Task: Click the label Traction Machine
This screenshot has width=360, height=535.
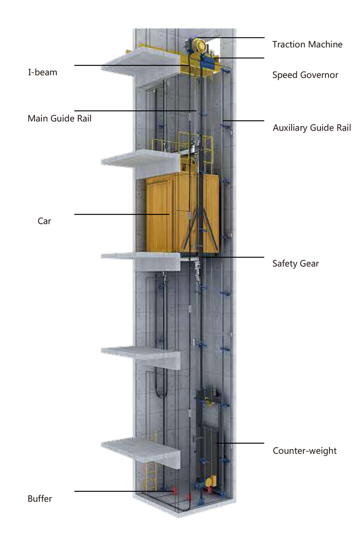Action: [x=307, y=44]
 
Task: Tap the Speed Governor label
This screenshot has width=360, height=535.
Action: [x=305, y=75]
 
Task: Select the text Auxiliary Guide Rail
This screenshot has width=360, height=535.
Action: [x=312, y=128]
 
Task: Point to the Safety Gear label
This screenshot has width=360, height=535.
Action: [x=295, y=263]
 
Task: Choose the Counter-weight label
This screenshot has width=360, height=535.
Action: [x=305, y=450]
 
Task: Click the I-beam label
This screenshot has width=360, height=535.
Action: [x=43, y=72]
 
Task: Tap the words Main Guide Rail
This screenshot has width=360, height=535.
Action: [x=59, y=118]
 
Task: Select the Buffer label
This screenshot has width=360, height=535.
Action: [x=40, y=499]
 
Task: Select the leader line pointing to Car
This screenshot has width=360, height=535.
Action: [x=121, y=214]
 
